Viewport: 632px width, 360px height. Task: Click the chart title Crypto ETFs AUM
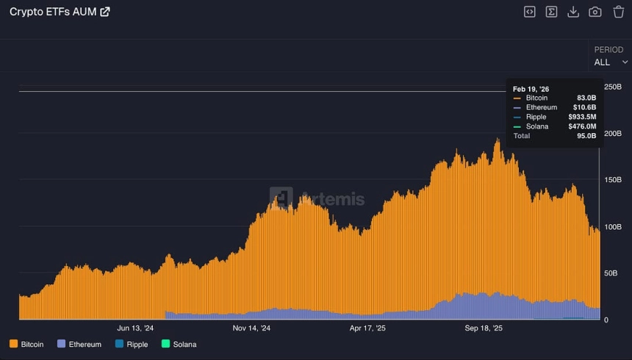click(x=52, y=12)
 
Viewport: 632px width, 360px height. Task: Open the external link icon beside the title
click(x=105, y=12)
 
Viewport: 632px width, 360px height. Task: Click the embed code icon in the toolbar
click(x=529, y=12)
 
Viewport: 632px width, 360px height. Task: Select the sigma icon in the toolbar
click(x=551, y=12)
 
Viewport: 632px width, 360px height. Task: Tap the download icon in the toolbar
click(x=573, y=12)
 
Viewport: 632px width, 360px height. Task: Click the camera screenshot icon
click(x=595, y=12)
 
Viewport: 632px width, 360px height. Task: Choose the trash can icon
click(x=618, y=12)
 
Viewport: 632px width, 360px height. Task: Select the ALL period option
click(x=602, y=62)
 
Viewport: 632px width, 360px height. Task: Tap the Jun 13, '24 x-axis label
click(x=135, y=328)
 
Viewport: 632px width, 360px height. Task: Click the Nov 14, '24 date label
click(x=251, y=328)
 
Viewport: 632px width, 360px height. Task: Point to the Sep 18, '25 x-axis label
click(x=484, y=328)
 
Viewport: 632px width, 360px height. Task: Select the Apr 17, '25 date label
click(x=367, y=328)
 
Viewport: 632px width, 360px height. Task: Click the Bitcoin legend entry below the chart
click(x=26, y=344)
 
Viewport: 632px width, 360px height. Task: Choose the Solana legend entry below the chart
click(x=179, y=344)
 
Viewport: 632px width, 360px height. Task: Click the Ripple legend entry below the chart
click(x=132, y=344)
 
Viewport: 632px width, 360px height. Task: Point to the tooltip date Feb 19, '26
click(x=530, y=88)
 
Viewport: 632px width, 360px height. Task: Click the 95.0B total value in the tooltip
click(x=586, y=136)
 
